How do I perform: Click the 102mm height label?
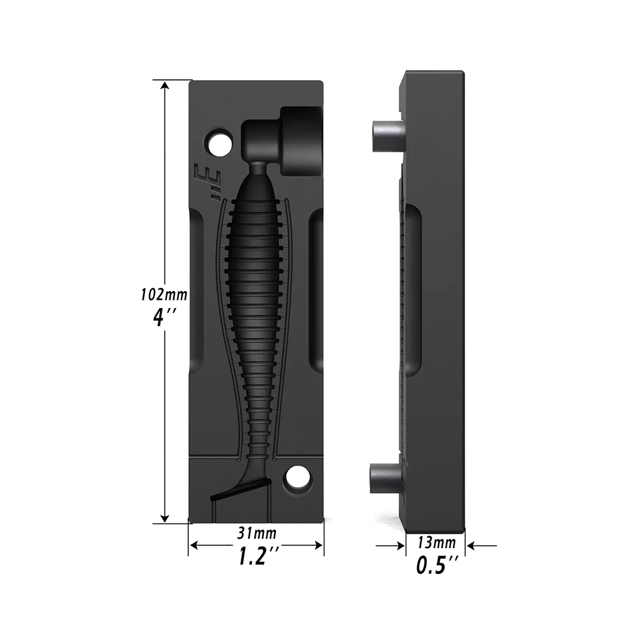pos(164,294)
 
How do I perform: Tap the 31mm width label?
pos(256,534)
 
